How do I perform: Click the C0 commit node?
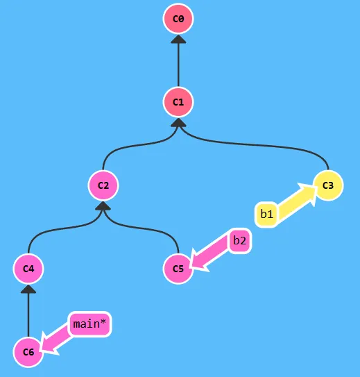tap(178, 19)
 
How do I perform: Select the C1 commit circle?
tap(178, 103)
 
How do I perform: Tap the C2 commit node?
tap(103, 185)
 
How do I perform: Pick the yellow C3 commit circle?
tap(328, 185)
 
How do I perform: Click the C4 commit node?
tap(28, 268)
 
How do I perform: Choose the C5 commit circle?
tap(178, 268)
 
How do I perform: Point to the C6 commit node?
tap(28, 352)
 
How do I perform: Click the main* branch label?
tap(90, 324)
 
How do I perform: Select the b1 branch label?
tap(267, 215)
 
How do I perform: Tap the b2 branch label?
tap(239, 241)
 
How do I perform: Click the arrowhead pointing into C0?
tap(178, 40)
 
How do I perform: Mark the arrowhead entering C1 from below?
tap(178, 123)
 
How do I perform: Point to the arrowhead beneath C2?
tap(103, 206)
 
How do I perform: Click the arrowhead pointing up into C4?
tap(28, 289)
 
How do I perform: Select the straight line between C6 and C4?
tap(28, 316)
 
